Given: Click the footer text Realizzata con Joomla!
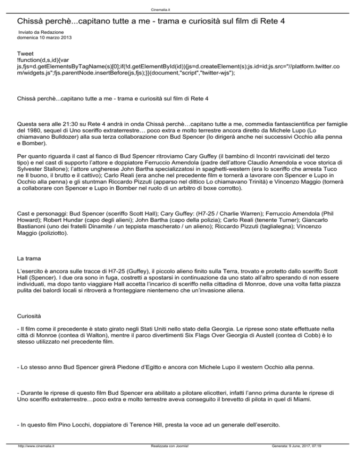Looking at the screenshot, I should tap(167, 460).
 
